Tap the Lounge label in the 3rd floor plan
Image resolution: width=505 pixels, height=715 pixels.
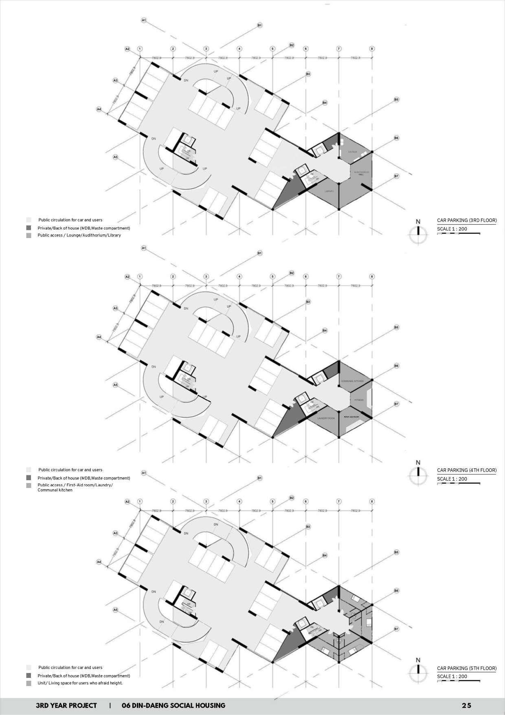352,152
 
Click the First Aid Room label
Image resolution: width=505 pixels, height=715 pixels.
351,417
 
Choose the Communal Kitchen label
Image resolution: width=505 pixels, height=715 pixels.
352,381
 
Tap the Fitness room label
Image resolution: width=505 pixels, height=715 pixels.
358,400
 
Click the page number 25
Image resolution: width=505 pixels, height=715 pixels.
466,706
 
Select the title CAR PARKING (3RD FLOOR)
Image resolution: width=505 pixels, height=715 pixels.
467,221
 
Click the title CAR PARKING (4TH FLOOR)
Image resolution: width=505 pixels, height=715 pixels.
467,470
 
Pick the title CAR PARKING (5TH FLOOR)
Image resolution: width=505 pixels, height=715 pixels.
467,668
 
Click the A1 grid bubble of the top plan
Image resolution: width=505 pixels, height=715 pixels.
143,20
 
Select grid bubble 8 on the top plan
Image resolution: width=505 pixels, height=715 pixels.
371,49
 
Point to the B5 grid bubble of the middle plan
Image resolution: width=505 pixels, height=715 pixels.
396,327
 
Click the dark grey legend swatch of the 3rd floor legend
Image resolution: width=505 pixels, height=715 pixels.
29,228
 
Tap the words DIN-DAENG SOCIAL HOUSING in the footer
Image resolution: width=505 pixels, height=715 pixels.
173,706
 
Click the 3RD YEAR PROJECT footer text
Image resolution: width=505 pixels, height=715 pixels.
66,706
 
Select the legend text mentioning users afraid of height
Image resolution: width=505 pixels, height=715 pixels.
80,683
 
